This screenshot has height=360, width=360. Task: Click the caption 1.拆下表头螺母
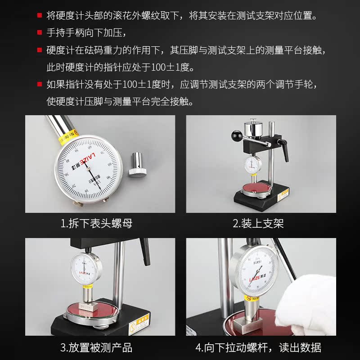(x=97, y=224)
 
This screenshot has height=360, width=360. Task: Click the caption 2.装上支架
(x=258, y=224)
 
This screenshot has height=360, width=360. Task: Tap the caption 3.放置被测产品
(x=96, y=348)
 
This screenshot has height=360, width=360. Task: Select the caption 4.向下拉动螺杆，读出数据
(x=258, y=348)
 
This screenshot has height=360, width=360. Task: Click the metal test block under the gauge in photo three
(x=89, y=307)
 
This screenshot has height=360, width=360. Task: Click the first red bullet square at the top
(x=40, y=16)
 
